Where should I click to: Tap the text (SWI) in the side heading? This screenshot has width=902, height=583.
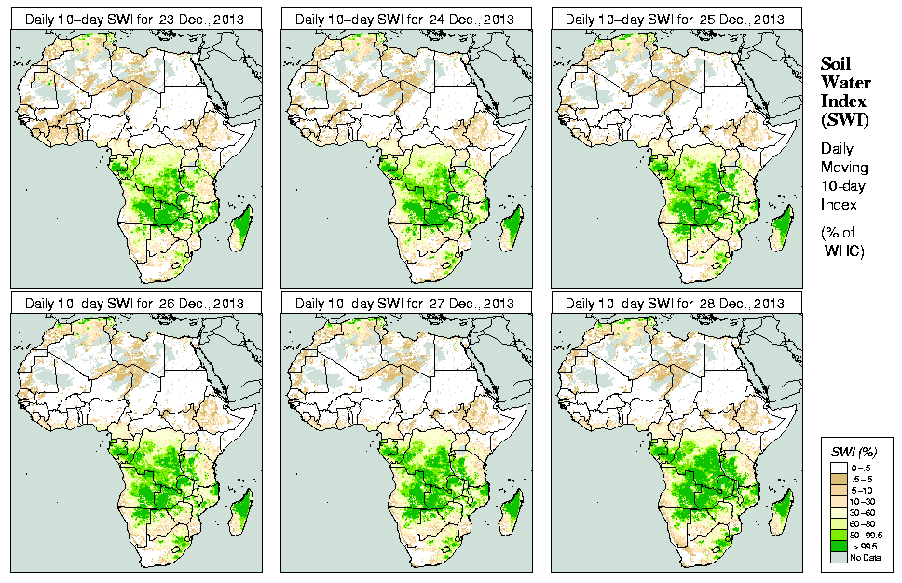[x=843, y=119]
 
